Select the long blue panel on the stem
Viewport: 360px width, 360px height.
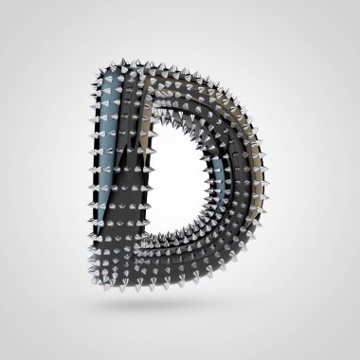tap(109, 142)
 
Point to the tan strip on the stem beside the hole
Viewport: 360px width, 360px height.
tap(146, 126)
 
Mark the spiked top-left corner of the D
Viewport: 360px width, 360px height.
tap(98, 70)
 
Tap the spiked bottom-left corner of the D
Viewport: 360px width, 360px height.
tap(97, 278)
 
